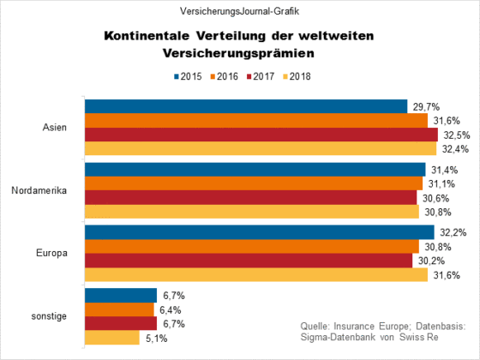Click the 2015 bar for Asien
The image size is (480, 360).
click(x=246, y=106)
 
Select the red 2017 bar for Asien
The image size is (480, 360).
click(x=261, y=135)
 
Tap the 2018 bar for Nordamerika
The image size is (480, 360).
click(x=252, y=212)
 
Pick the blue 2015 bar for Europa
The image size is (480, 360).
click(x=260, y=232)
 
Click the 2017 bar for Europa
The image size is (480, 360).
click(x=249, y=261)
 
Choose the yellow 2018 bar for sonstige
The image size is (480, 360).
click(x=112, y=338)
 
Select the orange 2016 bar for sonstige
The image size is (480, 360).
click(x=119, y=309)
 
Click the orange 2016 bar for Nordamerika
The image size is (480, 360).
click(x=254, y=183)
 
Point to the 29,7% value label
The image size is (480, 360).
click(x=427, y=107)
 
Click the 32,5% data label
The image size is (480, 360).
click(x=457, y=135)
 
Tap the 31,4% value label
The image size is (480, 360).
click(x=445, y=170)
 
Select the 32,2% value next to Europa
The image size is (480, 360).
click(x=453, y=232)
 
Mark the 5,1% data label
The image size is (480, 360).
click(x=156, y=339)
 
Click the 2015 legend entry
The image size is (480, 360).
click(x=188, y=76)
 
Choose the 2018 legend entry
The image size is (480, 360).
click(x=297, y=76)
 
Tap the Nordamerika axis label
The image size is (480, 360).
click(x=39, y=190)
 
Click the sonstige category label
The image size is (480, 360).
click(x=49, y=316)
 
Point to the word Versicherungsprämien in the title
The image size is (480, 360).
click(x=238, y=53)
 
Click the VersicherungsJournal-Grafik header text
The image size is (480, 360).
click(x=239, y=11)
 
